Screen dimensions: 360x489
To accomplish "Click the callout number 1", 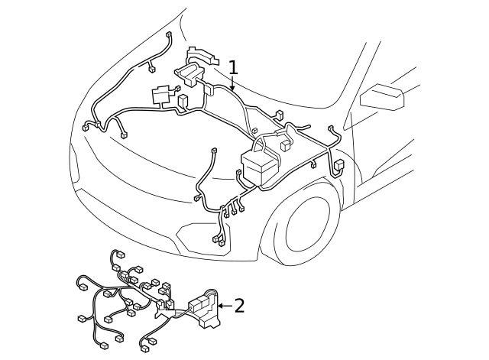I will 233,68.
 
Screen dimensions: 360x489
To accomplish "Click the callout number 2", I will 240,306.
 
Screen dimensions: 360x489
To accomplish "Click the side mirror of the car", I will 381,97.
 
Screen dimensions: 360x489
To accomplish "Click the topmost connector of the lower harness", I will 118,255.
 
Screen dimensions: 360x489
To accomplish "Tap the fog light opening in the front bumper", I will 201,233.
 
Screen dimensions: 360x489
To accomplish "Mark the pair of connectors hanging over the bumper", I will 219,241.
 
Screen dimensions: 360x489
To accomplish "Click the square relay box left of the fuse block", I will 161,96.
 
